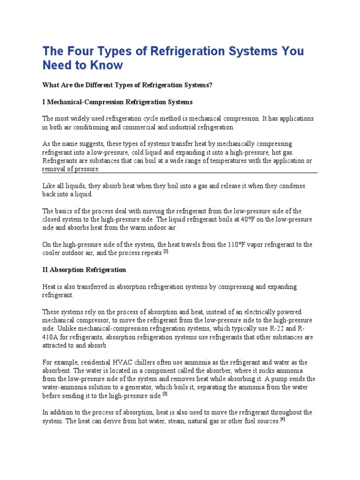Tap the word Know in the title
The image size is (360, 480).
tap(107, 65)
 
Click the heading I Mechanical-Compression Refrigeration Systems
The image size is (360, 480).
tap(117, 102)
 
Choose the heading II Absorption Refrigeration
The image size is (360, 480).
tap(84, 270)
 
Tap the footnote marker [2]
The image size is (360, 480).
tap(165, 252)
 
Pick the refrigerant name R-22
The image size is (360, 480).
tap(281, 329)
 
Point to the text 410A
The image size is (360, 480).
tap(51, 337)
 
